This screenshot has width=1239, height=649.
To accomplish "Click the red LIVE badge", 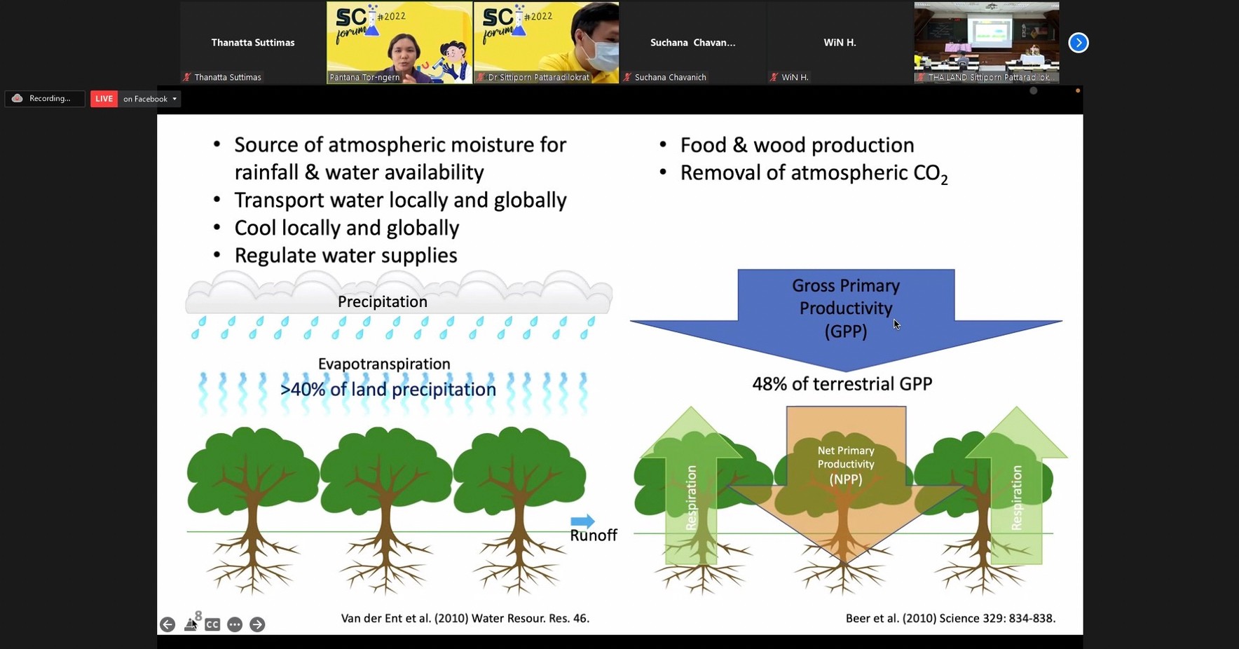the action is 104,99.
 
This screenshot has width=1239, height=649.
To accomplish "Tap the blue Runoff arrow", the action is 582,521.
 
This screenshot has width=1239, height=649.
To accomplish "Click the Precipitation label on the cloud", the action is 383,301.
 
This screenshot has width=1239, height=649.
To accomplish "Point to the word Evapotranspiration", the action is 384,364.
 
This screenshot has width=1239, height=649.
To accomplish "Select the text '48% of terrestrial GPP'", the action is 842,384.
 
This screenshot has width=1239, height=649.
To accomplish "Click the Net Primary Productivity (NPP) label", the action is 846,465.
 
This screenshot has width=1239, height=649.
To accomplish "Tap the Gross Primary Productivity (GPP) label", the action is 846,308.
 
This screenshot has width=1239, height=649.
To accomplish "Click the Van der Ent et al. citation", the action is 465,618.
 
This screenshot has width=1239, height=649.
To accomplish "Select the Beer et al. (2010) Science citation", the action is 950,618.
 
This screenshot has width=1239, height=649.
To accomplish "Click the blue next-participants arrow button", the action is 1079,43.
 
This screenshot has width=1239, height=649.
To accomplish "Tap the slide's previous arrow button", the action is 167,624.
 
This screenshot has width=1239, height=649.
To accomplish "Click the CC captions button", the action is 212,624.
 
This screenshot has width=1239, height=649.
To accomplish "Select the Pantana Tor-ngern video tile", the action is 399,43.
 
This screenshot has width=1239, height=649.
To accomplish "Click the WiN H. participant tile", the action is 840,43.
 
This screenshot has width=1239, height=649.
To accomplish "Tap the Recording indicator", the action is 44,99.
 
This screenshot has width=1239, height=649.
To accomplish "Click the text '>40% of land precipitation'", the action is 388,389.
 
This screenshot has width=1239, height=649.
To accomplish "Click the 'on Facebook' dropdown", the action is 149,99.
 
